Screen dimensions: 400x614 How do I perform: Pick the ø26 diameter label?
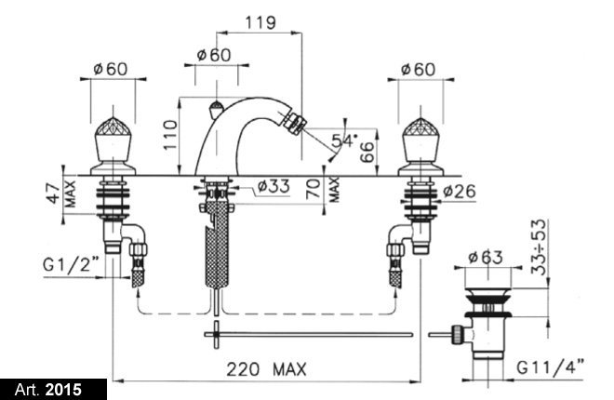[461, 192]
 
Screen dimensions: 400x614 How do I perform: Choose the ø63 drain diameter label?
[487, 257]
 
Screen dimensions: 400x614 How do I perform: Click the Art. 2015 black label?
[52, 388]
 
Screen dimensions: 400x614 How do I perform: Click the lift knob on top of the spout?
[214, 107]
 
